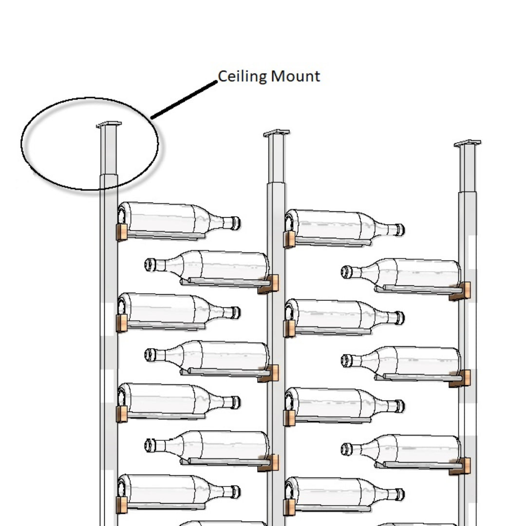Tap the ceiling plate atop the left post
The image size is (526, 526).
[x=109, y=125]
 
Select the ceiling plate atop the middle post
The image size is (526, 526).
[x=276, y=132]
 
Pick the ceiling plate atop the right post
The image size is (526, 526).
[x=468, y=143]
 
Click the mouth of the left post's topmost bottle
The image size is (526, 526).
[x=236, y=223]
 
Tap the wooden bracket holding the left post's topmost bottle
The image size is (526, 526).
[x=122, y=232]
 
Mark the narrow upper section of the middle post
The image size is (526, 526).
[x=276, y=159]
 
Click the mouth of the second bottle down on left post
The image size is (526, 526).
[x=236, y=313]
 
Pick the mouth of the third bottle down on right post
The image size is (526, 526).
[x=346, y=449]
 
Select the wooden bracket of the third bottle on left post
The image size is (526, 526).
[x=122, y=413]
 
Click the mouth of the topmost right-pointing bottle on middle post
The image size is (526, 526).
[x=400, y=229]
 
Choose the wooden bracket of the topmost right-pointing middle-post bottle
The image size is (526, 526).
[x=289, y=239]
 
